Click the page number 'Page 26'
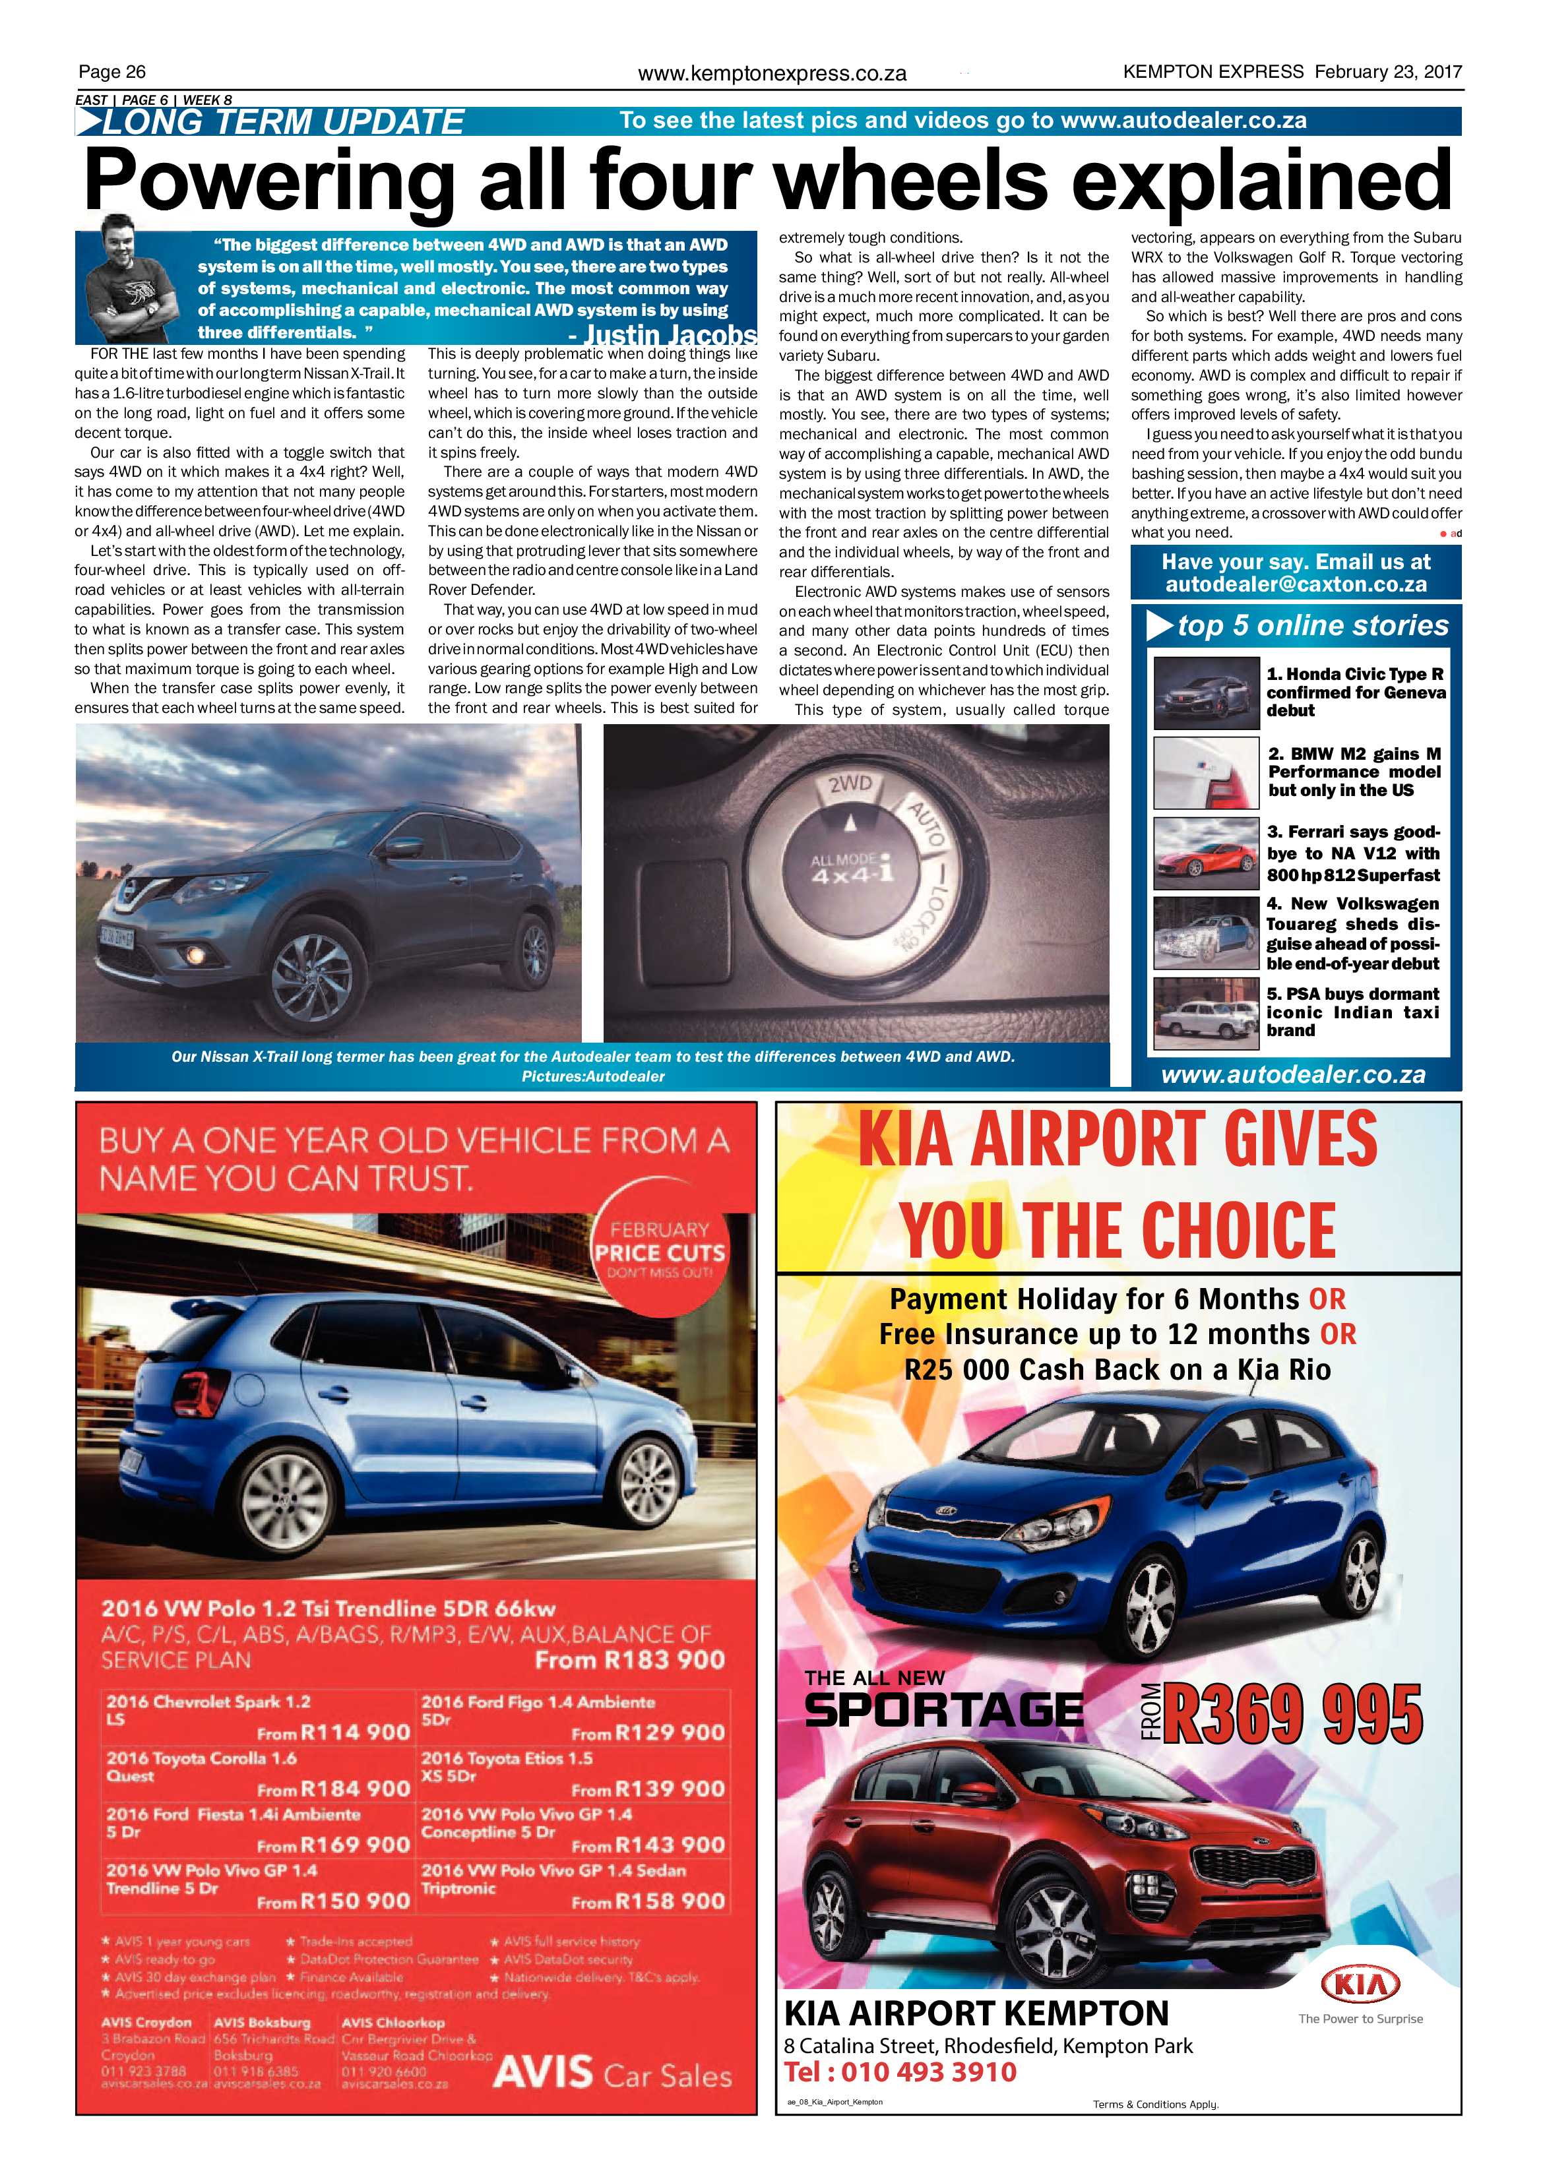(112, 72)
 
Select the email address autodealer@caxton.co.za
(1296, 584)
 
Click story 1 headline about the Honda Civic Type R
(1356, 692)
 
